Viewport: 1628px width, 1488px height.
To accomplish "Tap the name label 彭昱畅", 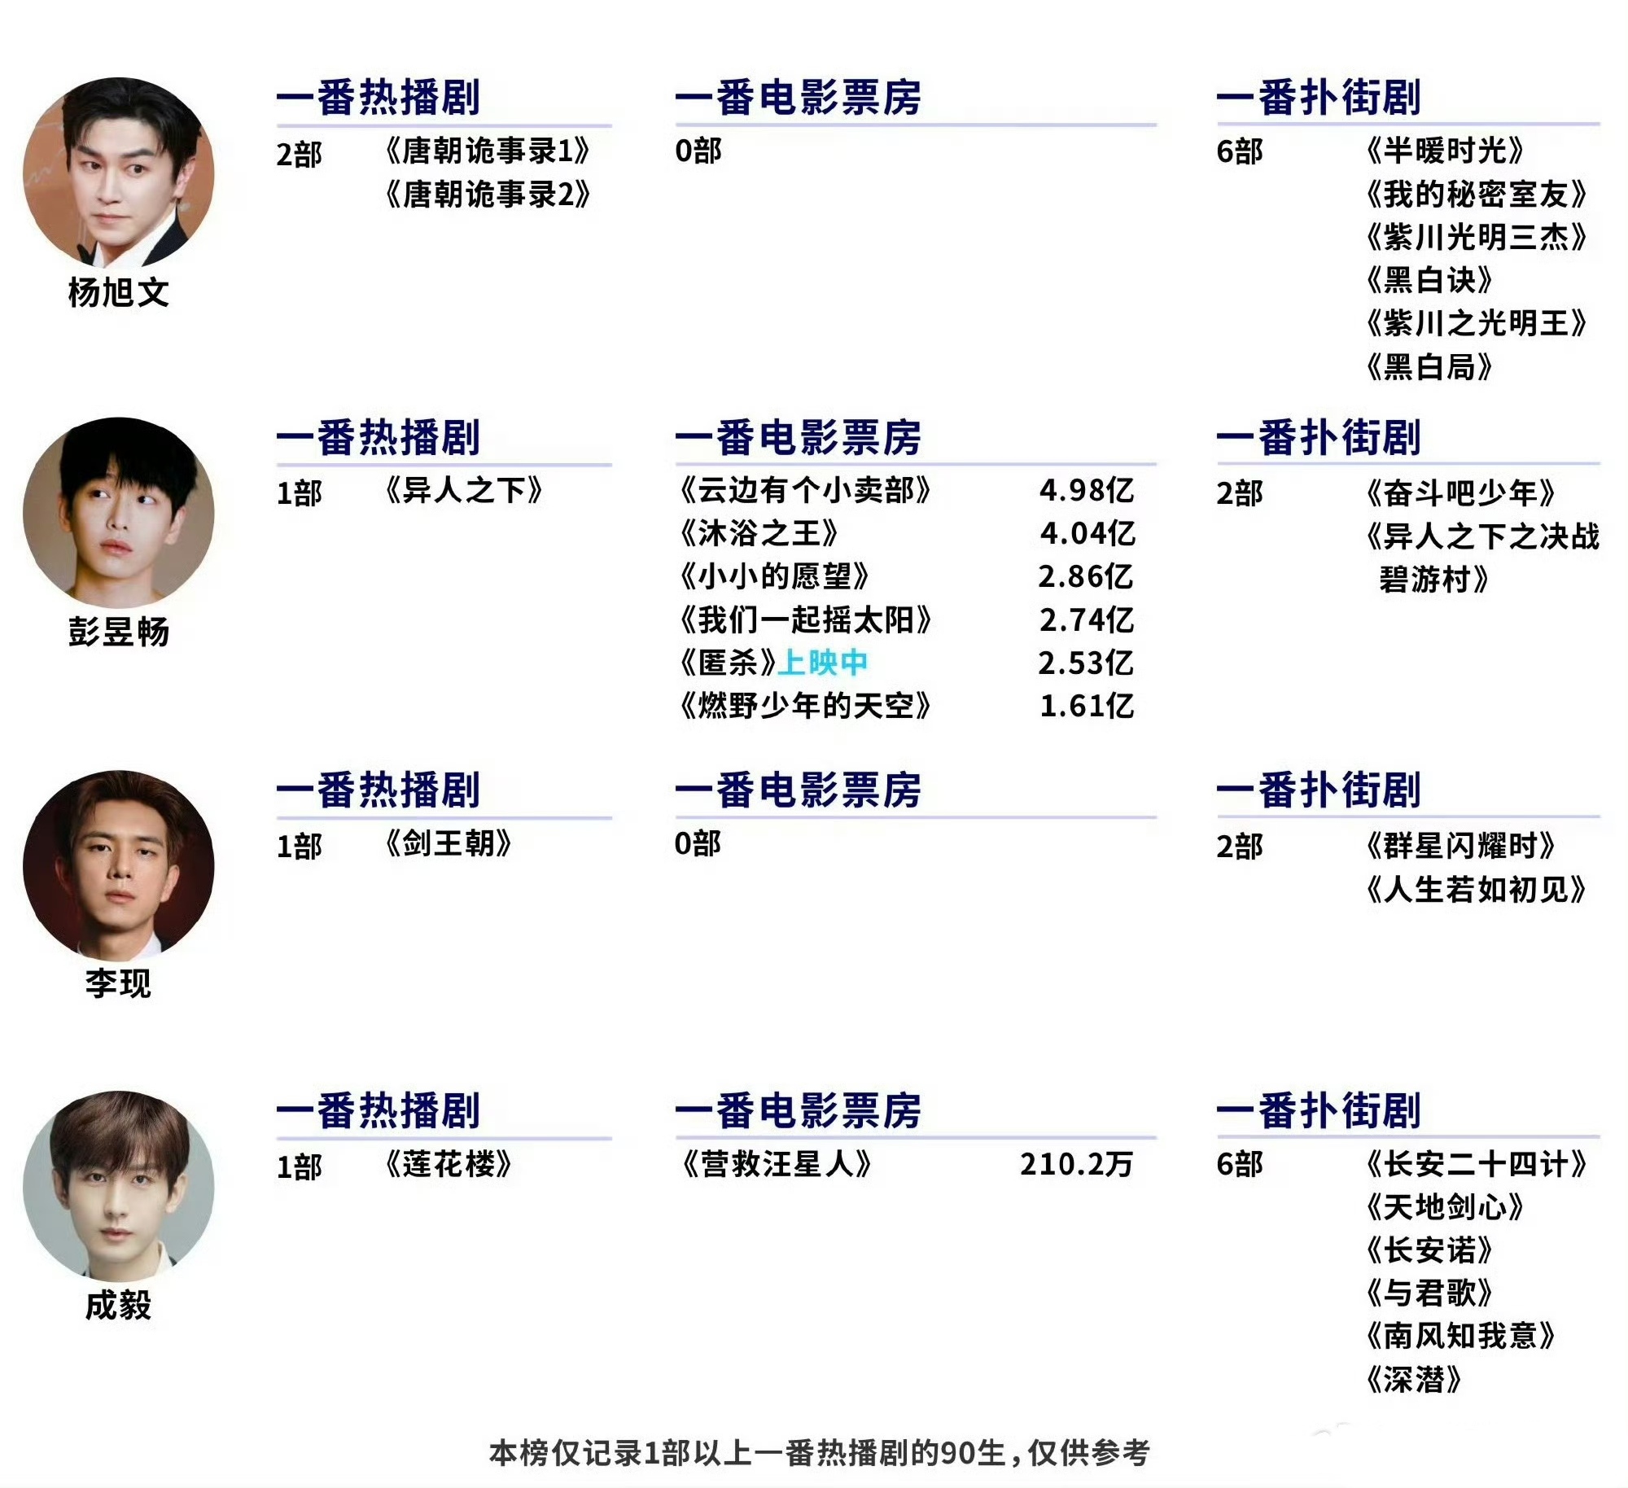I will click(119, 632).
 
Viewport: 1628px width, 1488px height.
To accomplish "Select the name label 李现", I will click(119, 983).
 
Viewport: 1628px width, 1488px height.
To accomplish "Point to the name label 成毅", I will click(119, 1306).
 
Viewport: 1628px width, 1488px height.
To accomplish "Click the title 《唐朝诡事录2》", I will click(488, 195).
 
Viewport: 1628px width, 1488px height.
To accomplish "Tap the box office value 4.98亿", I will click(1087, 491).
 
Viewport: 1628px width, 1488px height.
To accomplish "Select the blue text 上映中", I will click(823, 663).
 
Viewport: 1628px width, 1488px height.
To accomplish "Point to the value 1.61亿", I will click(1087, 707).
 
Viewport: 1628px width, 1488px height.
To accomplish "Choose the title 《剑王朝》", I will click(449, 844).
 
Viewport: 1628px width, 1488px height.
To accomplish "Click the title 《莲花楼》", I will click(449, 1165).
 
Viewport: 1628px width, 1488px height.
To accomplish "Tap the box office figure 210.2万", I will click(1076, 1165).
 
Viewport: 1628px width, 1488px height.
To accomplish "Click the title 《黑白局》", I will click(1429, 368).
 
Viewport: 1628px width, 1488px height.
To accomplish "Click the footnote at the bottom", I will click(819, 1453).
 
